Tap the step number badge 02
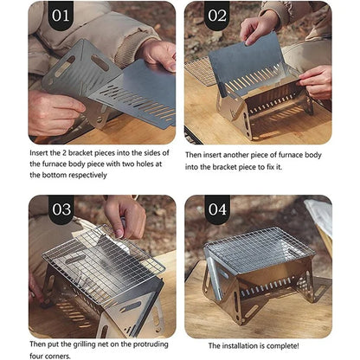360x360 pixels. [x=215, y=16]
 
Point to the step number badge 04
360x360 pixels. [x=215, y=209]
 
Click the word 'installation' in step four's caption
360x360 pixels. [x=248, y=346]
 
